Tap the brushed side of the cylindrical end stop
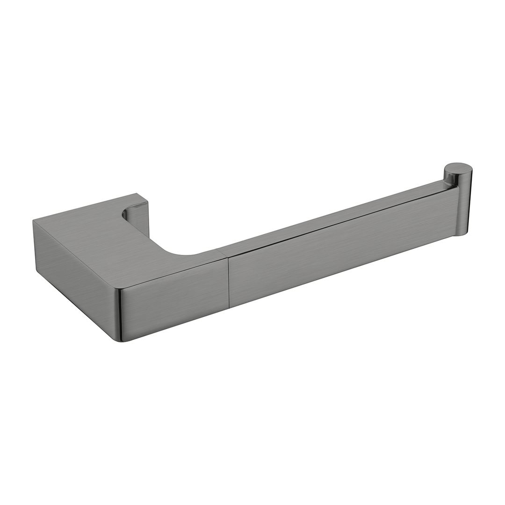(x=464, y=206)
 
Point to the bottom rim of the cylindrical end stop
(x=461, y=235)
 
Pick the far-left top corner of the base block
(x=33, y=221)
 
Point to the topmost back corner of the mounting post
(x=137, y=194)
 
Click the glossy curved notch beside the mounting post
(x=125, y=214)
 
